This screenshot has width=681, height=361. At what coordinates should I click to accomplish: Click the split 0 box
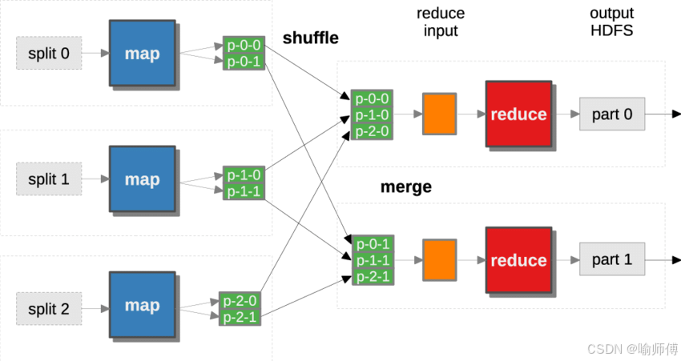[x=49, y=54]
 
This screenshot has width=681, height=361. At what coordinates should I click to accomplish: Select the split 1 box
[x=49, y=178]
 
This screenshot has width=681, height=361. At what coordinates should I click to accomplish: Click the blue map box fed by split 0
[x=142, y=54]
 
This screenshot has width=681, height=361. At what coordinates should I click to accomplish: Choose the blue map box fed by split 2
[x=142, y=305]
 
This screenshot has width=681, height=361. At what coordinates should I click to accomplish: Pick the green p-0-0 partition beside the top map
[x=243, y=46]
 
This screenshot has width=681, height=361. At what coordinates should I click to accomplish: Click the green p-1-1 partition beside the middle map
[x=243, y=191]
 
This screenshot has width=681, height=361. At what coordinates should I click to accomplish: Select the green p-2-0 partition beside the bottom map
[x=240, y=301]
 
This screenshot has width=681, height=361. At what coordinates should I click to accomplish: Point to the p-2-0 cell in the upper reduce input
[x=372, y=130]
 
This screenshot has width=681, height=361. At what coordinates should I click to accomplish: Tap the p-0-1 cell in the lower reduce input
[x=372, y=244]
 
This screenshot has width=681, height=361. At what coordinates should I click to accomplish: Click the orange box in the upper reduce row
[x=439, y=114]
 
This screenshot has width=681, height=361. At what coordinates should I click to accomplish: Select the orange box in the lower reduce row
[x=439, y=260]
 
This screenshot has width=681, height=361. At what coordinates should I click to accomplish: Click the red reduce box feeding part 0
[x=518, y=114]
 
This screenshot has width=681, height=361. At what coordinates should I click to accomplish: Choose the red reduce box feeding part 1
[x=518, y=260]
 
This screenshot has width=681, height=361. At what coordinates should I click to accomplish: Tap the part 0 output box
[x=612, y=114]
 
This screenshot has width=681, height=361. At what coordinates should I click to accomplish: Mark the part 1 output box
[x=612, y=260]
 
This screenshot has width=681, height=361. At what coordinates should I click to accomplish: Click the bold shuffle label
[x=310, y=38]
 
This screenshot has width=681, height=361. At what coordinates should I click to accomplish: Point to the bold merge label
[x=405, y=187]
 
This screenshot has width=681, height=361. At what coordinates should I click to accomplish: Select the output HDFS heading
[x=611, y=22]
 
